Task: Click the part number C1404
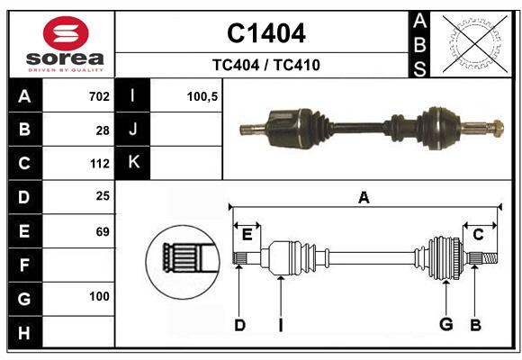[x=265, y=33]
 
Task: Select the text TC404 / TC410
[x=265, y=65]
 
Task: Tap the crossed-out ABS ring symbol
[x=471, y=43]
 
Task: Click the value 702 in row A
[x=99, y=96]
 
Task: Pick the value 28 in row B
[x=102, y=130]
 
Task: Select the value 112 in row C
[x=99, y=164]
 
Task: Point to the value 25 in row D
[x=102, y=196]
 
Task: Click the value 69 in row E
[x=102, y=231]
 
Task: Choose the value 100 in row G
[x=99, y=297]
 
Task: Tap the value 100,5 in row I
[x=202, y=96]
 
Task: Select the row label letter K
[x=134, y=163]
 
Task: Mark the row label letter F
[x=24, y=265]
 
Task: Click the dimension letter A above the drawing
[x=364, y=197]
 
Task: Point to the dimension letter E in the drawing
[x=247, y=235]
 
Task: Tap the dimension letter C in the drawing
[x=479, y=235]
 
